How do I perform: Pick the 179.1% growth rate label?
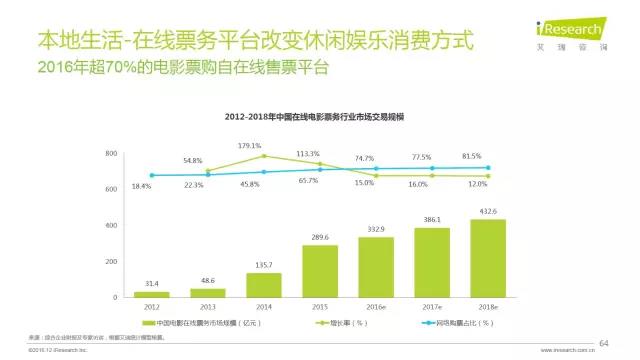tap(250, 146)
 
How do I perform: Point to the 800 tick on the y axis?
tap(111, 153)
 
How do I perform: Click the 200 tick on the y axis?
tap(111, 261)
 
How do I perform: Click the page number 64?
tap(603, 343)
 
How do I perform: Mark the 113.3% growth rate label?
tap(307, 154)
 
